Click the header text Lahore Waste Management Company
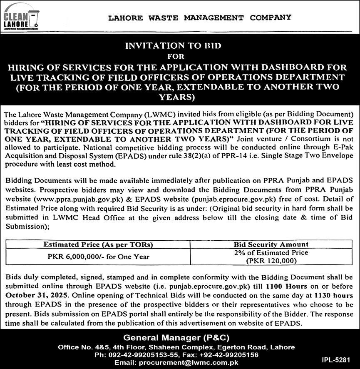coord(199,17)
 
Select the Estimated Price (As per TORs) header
coord(98,245)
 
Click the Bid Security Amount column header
coord(271,244)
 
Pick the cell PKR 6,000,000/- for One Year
coord(98,257)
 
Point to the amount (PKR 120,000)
coord(271,261)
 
